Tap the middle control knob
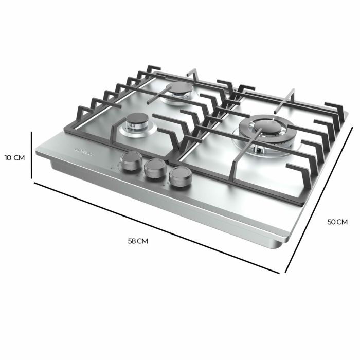click(153, 169)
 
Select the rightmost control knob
click(178, 177)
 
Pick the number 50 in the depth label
click(332, 222)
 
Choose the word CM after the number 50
click(343, 222)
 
